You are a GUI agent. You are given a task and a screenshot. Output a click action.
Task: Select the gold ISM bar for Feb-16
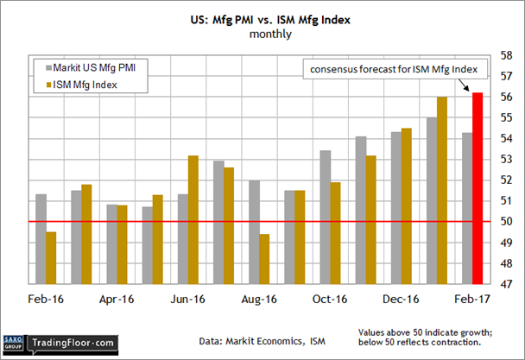click(x=51, y=257)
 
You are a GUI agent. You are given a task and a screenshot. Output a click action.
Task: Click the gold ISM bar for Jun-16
click(x=193, y=219)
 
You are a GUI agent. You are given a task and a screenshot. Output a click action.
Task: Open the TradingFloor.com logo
click(x=73, y=342)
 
